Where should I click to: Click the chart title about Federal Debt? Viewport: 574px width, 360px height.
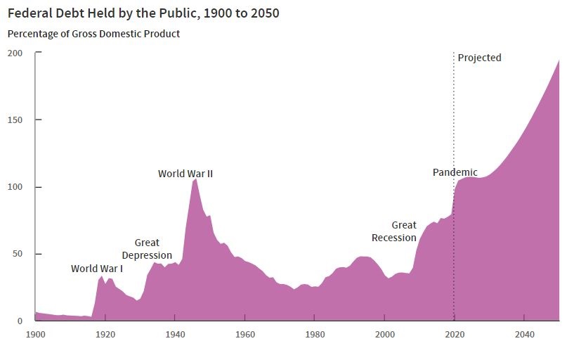pos(143,13)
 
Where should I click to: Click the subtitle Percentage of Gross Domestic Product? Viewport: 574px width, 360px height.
pos(93,34)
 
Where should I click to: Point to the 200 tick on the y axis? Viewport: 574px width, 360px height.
pos(15,53)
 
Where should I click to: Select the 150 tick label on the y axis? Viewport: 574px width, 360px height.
pos(15,120)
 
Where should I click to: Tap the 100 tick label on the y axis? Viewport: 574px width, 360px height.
pos(15,187)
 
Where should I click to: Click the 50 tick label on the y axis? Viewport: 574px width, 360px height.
pos(18,254)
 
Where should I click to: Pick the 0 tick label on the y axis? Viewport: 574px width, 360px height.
pos(20,321)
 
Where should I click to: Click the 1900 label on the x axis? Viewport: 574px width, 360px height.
pos(35,335)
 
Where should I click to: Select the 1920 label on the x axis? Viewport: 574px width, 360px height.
pos(105,335)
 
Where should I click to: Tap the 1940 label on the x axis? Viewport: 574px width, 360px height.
pos(175,335)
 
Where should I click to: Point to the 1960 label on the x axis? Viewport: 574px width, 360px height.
pos(244,335)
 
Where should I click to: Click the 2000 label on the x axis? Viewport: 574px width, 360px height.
pos(384,335)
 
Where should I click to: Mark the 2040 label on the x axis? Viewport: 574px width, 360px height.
pos(523,335)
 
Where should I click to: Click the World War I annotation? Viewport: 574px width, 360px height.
pos(97,269)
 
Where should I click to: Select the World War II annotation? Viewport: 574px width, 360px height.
pos(185,174)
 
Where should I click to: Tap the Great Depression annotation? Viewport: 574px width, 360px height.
pos(147,249)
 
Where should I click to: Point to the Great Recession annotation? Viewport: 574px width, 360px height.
pos(394,231)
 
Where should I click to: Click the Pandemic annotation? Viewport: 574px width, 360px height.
pos(455,172)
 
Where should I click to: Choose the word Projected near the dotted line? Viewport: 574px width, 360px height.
pos(479,58)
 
